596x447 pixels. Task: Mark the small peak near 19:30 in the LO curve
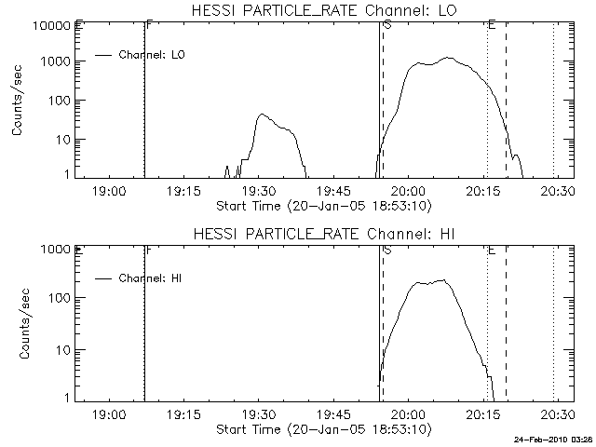[262, 115]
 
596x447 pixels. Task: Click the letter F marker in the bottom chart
[149, 250]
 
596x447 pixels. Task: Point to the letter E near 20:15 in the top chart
[491, 24]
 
